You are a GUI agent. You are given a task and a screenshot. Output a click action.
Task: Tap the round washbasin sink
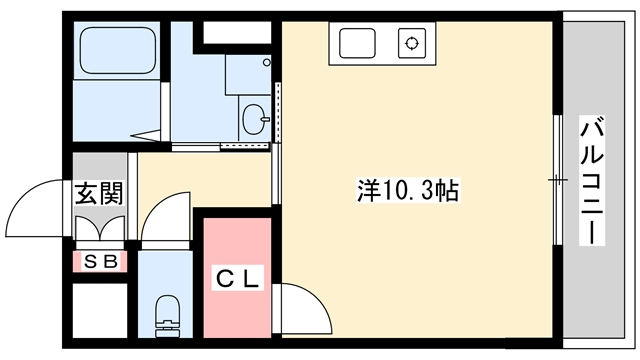(x=254, y=119)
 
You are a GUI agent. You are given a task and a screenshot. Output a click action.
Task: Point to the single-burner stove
(x=411, y=45)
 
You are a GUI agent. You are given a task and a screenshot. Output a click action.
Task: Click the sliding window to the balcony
(x=557, y=181)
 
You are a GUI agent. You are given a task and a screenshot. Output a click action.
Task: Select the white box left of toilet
(x=98, y=314)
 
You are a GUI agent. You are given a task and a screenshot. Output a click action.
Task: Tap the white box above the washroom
(x=236, y=32)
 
